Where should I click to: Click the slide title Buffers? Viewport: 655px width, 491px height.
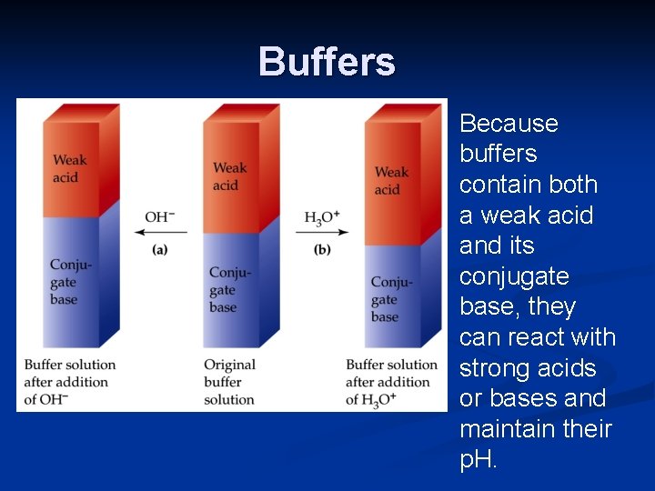pyautogui.click(x=327, y=62)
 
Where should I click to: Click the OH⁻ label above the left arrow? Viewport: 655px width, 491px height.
pyautogui.click(x=161, y=217)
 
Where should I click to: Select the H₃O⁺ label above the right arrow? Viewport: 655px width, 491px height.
pyautogui.click(x=322, y=217)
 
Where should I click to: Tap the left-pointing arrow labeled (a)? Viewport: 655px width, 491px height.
pyautogui.click(x=161, y=232)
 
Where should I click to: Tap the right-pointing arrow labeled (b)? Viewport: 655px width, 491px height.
pyautogui.click(x=322, y=232)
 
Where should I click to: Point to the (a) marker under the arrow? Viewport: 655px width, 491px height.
pyautogui.click(x=160, y=249)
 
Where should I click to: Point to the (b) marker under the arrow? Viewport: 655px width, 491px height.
pyautogui.click(x=322, y=249)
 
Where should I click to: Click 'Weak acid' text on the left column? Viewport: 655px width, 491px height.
pyautogui.click(x=70, y=168)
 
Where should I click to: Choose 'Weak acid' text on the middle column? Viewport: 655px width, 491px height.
pyautogui.click(x=229, y=175)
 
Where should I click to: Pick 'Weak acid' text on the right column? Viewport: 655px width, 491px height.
pyautogui.click(x=391, y=180)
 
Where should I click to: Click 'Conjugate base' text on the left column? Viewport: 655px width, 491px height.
pyautogui.click(x=70, y=281)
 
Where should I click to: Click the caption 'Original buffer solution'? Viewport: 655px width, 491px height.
pyautogui.click(x=229, y=382)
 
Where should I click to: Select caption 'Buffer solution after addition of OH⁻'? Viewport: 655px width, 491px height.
pyautogui.click(x=70, y=382)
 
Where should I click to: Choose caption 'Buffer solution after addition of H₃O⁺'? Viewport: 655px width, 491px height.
pyautogui.click(x=392, y=382)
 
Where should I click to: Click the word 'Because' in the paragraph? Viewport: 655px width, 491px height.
pyautogui.click(x=509, y=124)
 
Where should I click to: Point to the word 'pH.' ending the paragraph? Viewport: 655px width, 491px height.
pyautogui.click(x=479, y=460)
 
